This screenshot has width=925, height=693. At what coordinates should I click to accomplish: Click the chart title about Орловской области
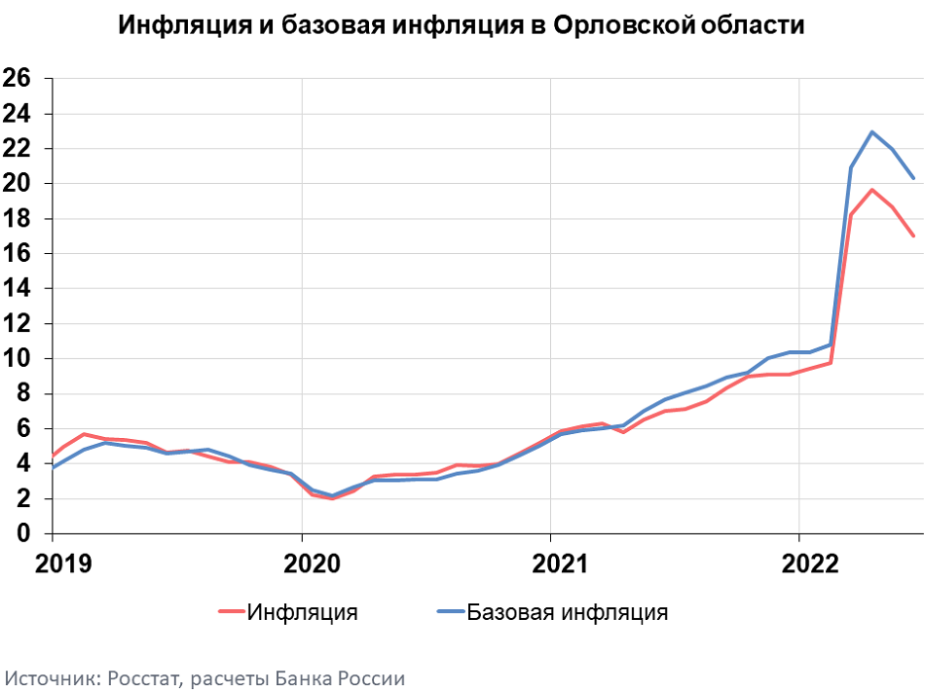point(461,25)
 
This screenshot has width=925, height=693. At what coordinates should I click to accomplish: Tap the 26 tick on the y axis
point(18,79)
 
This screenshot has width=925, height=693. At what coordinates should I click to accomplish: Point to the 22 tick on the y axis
point(18,149)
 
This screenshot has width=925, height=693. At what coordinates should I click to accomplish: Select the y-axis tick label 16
point(18,254)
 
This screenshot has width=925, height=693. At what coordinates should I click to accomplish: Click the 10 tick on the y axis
point(18,359)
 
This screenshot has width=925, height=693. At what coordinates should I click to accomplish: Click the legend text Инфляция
point(302,612)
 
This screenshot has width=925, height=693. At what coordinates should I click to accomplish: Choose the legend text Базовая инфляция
point(567,612)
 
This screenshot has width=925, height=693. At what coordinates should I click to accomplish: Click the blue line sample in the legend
point(449,612)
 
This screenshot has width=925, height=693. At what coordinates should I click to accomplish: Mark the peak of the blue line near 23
point(872,132)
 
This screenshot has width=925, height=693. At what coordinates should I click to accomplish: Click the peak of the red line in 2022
point(872,190)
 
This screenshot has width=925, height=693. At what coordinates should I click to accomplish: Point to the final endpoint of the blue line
point(913,178)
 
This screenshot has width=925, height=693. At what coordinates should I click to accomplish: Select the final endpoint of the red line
point(913,236)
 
